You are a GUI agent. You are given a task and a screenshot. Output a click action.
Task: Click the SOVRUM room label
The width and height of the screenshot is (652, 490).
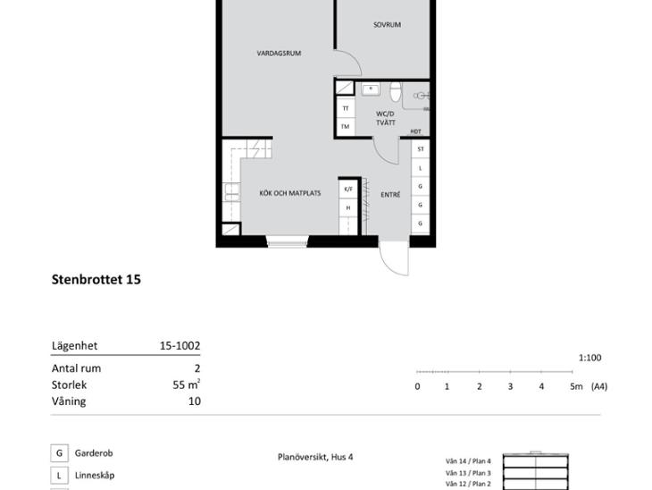tap(387, 25)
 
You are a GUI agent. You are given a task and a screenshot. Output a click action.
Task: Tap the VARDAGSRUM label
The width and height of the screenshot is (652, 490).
tap(279, 54)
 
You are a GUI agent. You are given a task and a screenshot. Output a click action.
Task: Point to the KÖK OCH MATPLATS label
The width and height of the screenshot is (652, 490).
tap(289, 193)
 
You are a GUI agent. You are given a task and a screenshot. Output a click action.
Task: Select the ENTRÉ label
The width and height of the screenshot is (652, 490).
tap(390, 194)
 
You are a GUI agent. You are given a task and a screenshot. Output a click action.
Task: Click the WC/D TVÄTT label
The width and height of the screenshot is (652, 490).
tap(386, 118)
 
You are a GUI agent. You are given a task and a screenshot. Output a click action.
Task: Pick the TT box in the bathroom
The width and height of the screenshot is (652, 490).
tap(346, 109)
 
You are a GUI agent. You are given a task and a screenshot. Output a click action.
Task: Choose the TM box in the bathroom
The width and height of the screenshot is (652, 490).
tap(346, 127)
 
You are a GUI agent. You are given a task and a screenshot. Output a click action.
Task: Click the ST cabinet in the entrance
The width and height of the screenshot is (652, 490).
tap(421, 149)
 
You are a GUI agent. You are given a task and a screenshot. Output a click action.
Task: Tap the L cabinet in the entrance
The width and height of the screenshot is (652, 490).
tap(421, 168)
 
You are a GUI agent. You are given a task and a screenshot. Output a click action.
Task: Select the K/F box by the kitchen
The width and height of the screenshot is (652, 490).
tap(348, 189)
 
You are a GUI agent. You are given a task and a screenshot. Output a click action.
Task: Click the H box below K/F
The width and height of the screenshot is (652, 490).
tap(348, 207)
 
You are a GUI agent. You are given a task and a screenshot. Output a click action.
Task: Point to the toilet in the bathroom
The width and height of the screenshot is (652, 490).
tap(396, 91)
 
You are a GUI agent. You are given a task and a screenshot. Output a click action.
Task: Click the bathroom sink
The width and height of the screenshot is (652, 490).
tap(370, 89)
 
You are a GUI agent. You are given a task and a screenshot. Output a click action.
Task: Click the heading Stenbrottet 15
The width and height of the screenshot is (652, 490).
tap(96, 279)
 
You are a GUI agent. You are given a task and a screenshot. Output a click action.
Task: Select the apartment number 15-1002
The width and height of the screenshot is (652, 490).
tap(180, 345)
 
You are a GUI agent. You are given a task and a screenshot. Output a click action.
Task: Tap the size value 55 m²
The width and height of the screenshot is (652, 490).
tap(187, 384)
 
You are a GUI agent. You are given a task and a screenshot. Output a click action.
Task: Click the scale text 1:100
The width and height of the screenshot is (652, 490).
tap(590, 358)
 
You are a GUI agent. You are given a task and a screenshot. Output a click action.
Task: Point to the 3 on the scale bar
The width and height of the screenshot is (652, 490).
tap(510, 387)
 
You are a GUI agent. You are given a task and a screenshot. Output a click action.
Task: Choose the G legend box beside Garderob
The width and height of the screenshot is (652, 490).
tap(60, 453)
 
